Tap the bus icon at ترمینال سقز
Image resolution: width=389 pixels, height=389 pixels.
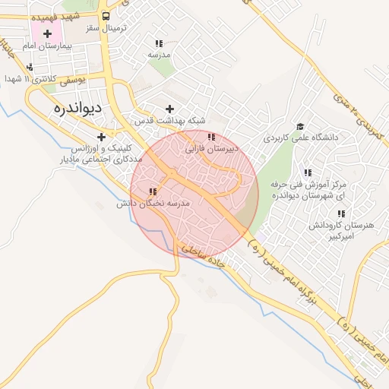pos(105,15)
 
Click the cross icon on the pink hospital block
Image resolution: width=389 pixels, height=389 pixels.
pos(47,33)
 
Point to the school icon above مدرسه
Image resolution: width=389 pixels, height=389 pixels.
pos(159,43)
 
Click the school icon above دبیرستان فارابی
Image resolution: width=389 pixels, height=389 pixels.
pos(211,138)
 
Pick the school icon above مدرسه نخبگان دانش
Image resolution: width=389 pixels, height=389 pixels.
pos(153,192)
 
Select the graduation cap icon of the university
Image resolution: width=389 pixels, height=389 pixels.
pos(300,126)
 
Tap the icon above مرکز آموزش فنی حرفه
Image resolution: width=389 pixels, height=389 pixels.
pos(308,172)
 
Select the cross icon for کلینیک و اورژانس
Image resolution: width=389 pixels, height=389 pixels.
pos(101,137)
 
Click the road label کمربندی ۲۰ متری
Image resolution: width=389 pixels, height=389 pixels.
pos(359,113)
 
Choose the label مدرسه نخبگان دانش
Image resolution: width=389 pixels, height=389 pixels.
pos(151,204)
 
